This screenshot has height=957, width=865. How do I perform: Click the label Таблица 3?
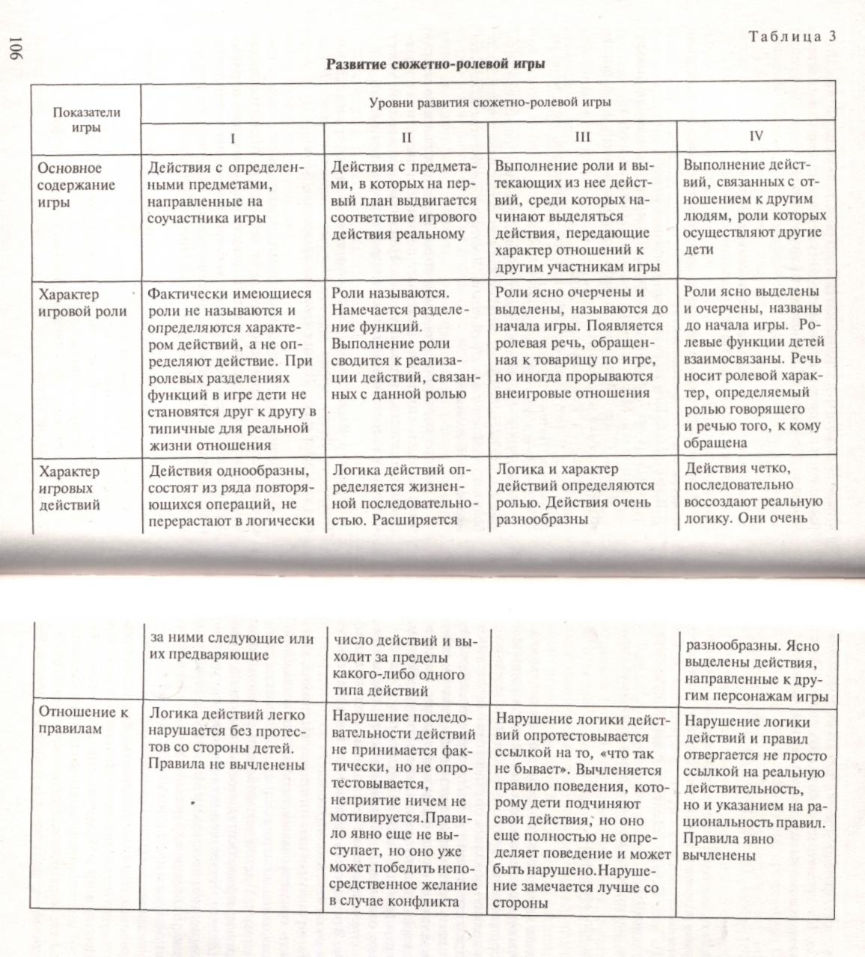(792, 37)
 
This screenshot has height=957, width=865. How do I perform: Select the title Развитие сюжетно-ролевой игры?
(435, 64)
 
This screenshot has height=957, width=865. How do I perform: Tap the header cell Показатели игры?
(86, 120)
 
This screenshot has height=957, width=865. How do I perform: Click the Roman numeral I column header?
(233, 138)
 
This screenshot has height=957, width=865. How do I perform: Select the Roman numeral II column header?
(406, 138)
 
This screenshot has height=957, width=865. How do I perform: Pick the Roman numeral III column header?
(582, 137)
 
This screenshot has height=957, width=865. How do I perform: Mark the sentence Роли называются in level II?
(389, 293)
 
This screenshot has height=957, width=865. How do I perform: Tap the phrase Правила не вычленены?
(227, 765)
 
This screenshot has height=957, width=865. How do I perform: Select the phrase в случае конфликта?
(394, 901)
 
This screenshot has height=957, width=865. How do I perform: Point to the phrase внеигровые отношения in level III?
(572, 393)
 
